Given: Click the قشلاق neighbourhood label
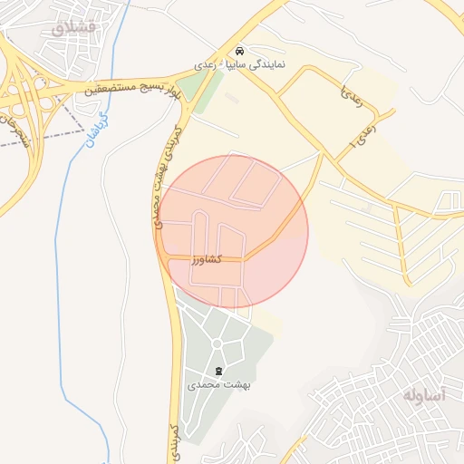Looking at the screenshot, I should pos(72,28).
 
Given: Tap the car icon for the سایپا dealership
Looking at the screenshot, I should pos(238,52).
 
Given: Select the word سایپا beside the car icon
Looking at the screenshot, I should pos(235,66).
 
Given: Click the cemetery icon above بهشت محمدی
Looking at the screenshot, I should pos(218,371).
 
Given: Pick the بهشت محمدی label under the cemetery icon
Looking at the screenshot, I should pos(218,384).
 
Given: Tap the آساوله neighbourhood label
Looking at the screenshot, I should pos(425,395).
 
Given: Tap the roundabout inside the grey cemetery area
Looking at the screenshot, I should pos(217,343).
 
